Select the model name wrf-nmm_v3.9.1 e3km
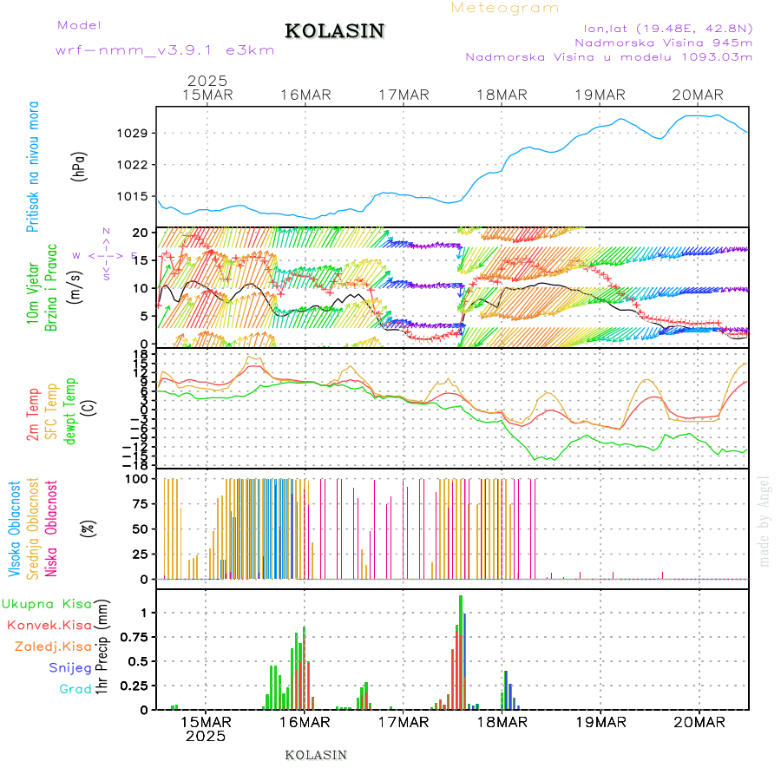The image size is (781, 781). pos(165,50)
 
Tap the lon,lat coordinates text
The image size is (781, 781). pos(667,26)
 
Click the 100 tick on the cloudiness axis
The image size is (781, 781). pos(139,478)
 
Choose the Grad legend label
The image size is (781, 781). pos(75,689)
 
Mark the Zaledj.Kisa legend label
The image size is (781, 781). pos(53,646)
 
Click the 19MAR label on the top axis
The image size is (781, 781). pos(600,95)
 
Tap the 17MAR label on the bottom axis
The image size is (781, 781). pos(404,721)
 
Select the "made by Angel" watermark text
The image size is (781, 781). pos(765,521)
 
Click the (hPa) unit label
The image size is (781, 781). pos(78,165)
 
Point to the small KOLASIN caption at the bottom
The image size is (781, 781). pos(316,755)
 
